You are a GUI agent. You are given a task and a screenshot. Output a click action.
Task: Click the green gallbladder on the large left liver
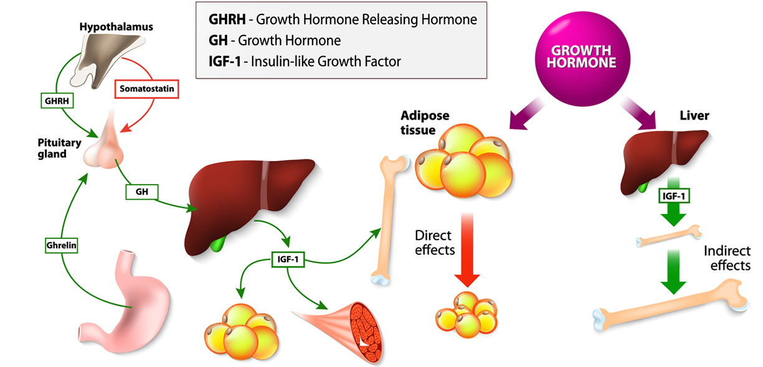(217, 243)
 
